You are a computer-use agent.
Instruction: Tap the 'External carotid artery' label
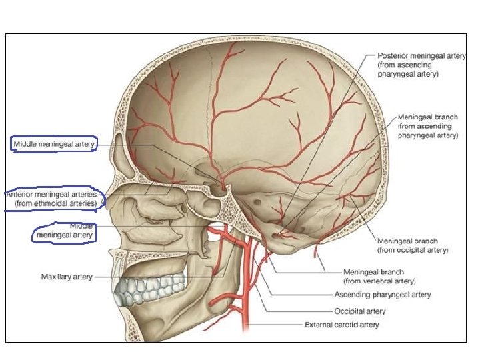[x=342, y=325]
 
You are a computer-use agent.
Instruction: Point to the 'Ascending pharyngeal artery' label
[x=383, y=295]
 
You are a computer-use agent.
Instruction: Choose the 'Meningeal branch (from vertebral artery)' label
[x=379, y=277]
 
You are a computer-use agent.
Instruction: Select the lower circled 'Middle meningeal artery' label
[x=65, y=231]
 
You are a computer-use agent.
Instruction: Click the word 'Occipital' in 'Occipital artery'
[x=349, y=310]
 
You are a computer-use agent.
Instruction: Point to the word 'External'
[x=319, y=325]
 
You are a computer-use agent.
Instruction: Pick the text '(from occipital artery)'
[x=413, y=250]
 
